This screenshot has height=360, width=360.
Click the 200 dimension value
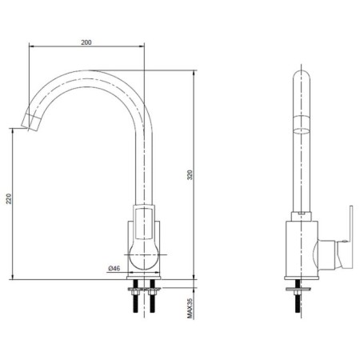coord(86,42)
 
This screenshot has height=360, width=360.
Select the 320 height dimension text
coord(190,174)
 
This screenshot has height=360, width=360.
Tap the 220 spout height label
coord(9,198)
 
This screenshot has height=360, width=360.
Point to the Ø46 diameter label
coord(114,268)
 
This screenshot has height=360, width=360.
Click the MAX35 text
coord(190,309)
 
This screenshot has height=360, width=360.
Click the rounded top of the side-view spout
coord(302,76)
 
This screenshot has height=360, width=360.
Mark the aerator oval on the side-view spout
coord(302,130)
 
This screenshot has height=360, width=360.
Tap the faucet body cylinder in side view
coord(302,249)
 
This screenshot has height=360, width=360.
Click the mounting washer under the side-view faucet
coord(298,289)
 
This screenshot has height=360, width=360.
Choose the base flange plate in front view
coord(144,278)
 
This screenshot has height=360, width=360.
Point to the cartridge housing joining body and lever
coord(326,254)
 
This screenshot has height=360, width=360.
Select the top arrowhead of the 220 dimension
coord(13,131)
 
